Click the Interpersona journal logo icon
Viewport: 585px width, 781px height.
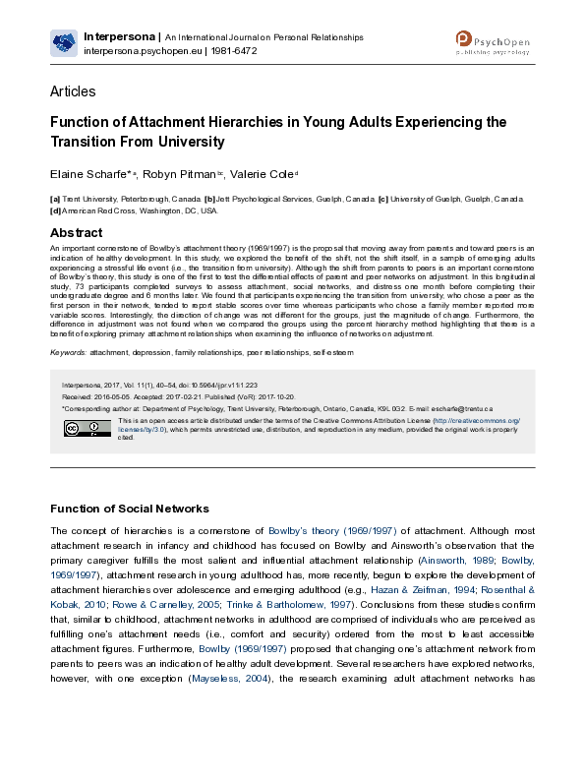pos(64,42)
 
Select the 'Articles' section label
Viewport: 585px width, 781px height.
pos(73,91)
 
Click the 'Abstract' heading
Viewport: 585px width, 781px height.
pos(77,233)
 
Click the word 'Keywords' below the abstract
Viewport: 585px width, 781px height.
pos(67,351)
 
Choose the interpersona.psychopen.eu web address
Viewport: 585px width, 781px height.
pos(141,50)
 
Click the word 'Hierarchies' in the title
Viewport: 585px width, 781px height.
pos(274,123)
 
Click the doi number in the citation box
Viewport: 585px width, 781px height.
pos(223,386)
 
